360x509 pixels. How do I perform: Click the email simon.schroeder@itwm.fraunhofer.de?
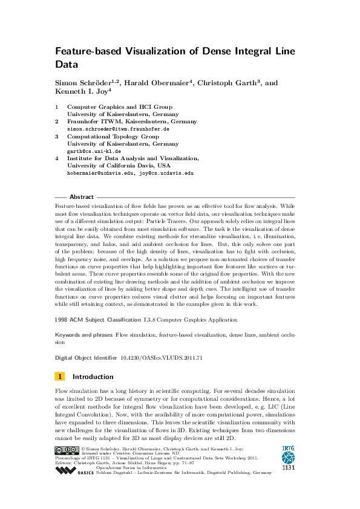pos(118,129)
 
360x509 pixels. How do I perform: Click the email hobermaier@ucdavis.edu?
pos(99,173)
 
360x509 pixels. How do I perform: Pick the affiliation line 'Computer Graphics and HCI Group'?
pos(119,107)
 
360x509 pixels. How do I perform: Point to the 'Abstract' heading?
pos(82,197)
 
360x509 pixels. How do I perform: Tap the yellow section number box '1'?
pos(60,376)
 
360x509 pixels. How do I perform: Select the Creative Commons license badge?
pos(66,450)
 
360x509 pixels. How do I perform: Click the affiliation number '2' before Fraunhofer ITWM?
pos(57,122)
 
